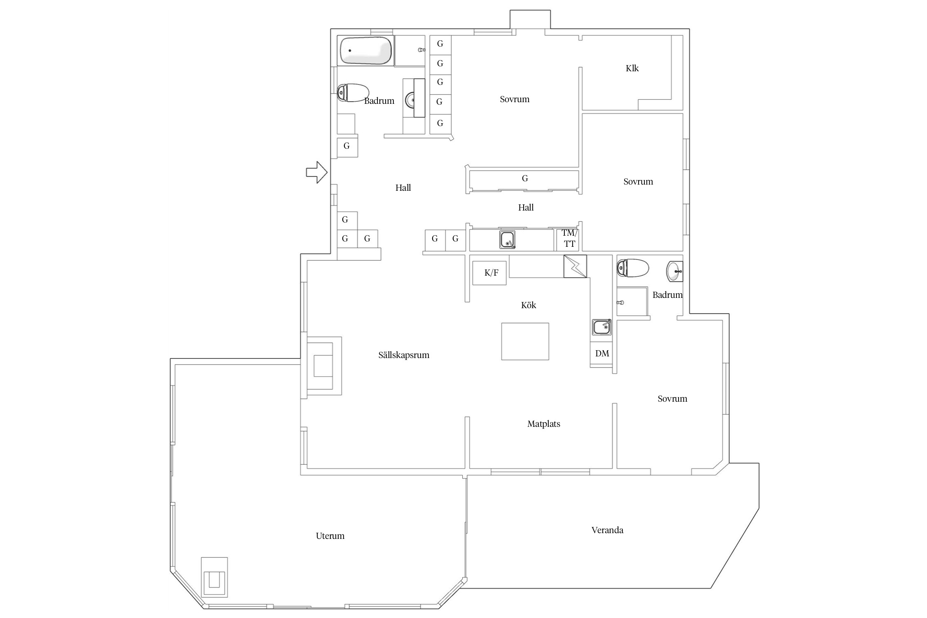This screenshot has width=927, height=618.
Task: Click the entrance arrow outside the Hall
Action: (316, 172)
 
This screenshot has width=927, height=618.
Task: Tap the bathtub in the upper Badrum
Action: (365, 50)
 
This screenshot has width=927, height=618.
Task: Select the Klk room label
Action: (632, 68)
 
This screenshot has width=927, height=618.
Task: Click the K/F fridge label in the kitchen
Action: (491, 272)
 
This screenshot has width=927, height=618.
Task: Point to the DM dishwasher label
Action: (602, 353)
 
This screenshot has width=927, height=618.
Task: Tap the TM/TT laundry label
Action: (569, 239)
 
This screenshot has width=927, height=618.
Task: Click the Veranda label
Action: (607, 530)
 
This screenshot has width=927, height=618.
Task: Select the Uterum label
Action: (330, 536)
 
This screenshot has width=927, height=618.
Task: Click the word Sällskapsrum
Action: (404, 355)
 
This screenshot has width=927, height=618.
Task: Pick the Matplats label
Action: (544, 424)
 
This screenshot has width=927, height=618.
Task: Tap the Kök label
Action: (529, 305)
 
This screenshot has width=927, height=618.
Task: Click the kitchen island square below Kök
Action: (525, 341)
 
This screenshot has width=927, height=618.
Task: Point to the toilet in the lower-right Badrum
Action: (632, 268)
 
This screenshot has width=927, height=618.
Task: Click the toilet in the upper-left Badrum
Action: (353, 93)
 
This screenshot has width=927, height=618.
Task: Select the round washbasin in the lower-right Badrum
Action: (674, 272)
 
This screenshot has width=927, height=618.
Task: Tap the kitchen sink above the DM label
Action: (602, 327)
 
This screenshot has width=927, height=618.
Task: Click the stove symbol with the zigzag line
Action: (575, 266)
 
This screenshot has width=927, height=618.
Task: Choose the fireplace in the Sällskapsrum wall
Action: (324, 366)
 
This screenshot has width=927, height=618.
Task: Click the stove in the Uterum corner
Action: (214, 577)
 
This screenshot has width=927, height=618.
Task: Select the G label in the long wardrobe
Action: (525, 178)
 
